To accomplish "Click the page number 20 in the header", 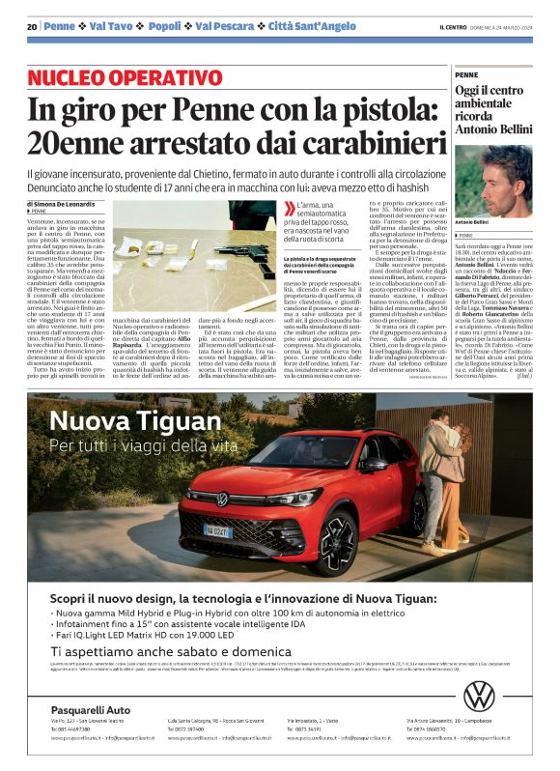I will click(32, 26).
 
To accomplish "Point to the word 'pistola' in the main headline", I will click(374, 108).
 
